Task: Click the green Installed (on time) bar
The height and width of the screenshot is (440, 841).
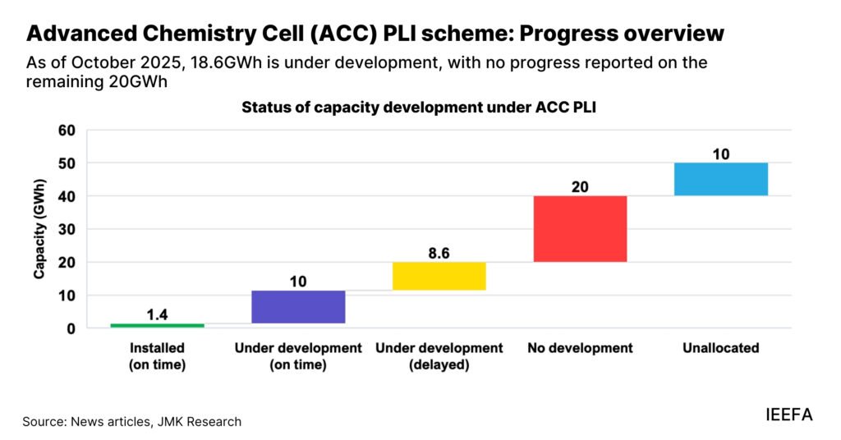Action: point(157,325)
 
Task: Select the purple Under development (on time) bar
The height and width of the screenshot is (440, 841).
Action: point(298,307)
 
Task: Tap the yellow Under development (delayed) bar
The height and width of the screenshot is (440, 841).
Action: point(439,276)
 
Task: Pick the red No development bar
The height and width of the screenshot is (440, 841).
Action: point(580,229)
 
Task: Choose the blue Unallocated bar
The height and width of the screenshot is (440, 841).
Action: point(721,179)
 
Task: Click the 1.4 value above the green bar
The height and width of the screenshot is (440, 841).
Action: point(157,313)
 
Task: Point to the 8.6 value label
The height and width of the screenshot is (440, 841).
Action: point(439,252)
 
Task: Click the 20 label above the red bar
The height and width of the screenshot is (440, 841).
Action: point(580,186)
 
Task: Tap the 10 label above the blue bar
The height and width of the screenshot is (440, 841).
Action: point(721,154)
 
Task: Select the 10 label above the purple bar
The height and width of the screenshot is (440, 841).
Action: point(298,282)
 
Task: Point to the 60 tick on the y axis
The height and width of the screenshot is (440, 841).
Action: point(67,131)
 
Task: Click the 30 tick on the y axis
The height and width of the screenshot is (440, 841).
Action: point(67,230)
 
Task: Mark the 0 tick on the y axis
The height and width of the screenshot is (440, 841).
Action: point(71,328)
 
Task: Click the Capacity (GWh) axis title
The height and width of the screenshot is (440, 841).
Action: point(39,229)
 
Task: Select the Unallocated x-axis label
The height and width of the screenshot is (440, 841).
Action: point(720,348)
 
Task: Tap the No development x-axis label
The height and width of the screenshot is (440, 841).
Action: point(580,348)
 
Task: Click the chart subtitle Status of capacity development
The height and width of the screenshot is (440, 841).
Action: point(418,108)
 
